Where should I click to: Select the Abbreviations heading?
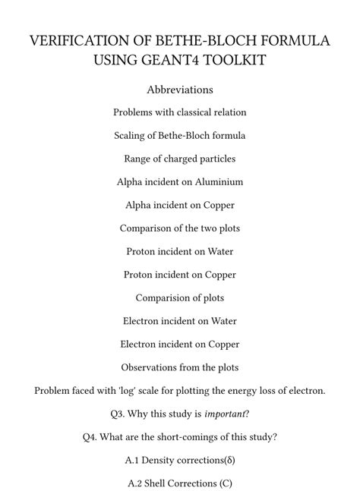[180, 90]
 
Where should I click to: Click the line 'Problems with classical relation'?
[180, 112]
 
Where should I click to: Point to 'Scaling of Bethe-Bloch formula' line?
[180, 136]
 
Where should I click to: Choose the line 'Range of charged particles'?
[180, 159]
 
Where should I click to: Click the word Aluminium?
[216, 182]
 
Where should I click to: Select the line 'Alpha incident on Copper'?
[180, 205]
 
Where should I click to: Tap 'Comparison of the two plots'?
[180, 228]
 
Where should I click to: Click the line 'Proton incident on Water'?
[180, 251]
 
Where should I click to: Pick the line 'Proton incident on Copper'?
[180, 275]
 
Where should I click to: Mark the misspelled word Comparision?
[162, 298]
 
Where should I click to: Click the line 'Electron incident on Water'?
[180, 321]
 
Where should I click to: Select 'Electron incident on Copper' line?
[180, 345]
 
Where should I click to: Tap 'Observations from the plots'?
[180, 367]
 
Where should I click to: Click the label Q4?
[93, 437]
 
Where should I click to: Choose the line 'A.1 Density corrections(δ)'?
[180, 460]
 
